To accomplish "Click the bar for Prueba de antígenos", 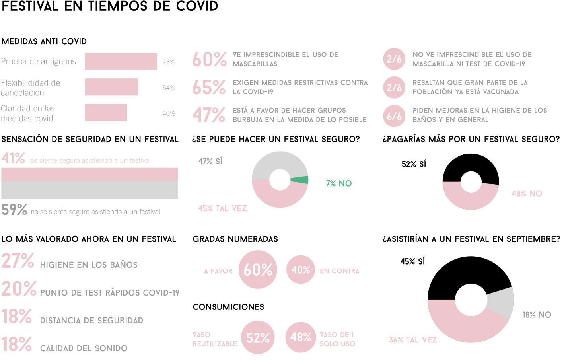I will [x=121, y=61].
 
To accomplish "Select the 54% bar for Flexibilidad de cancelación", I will [x=111, y=87].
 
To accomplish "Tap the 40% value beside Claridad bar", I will [x=169, y=113].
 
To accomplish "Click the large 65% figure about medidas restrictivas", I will [x=209, y=87].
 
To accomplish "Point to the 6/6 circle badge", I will [x=394, y=116].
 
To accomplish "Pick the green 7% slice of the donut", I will [x=301, y=180].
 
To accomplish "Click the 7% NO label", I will [x=338, y=183].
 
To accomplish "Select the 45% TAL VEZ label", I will [x=222, y=208].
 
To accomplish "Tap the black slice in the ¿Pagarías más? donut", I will [x=471, y=165].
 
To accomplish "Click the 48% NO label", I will [x=527, y=194].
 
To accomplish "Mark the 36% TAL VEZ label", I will [x=412, y=340].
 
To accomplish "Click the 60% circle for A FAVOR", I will [x=258, y=270].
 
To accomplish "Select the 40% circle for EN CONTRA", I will [x=301, y=270].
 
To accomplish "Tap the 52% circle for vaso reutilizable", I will [x=258, y=338].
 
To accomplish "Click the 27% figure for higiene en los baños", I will [x=18, y=261].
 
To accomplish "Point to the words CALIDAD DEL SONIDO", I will [x=84, y=348].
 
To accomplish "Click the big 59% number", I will [x=14, y=210].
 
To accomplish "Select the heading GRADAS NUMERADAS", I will [x=235, y=239].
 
